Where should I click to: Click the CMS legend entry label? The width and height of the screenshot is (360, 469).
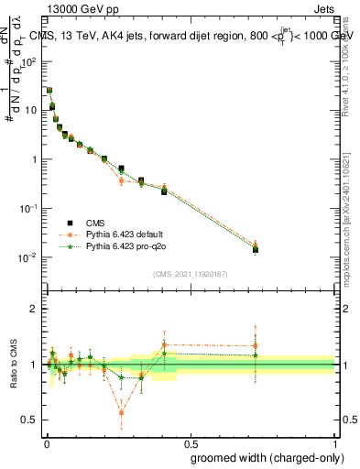[95, 223]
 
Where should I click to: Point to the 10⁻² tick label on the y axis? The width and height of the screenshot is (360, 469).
[28, 257]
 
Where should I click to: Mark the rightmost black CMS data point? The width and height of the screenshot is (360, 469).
[256, 249]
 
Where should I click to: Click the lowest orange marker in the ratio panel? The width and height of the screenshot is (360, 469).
[121, 413]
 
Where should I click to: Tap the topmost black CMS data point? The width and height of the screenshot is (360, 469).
[49, 91]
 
